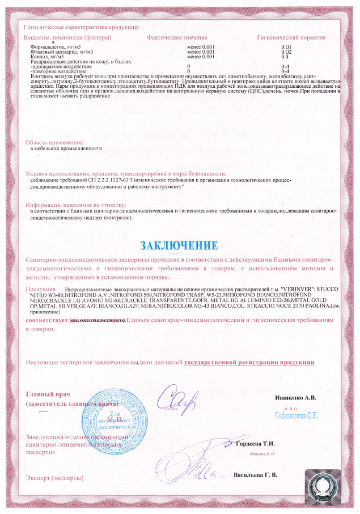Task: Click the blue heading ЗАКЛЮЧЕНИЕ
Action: (x=179, y=245)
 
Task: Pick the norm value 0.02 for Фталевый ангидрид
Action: (x=286, y=52)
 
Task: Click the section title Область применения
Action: (x=54, y=142)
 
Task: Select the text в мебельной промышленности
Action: (x=66, y=148)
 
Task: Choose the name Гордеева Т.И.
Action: (x=256, y=443)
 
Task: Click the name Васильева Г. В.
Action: (x=255, y=474)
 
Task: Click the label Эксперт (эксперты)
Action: (x=54, y=478)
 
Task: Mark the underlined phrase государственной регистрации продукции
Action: (x=249, y=362)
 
